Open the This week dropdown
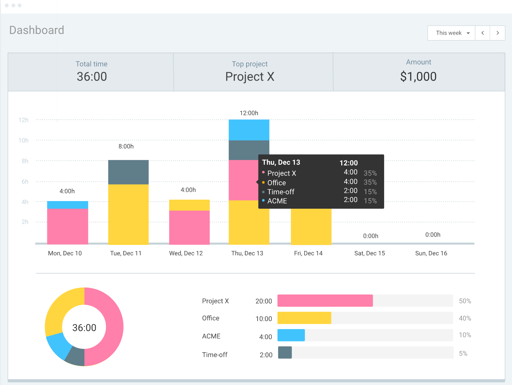point(451,33)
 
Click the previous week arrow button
point(482,33)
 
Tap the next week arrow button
point(497,33)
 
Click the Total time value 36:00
point(92,77)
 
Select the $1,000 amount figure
point(418,77)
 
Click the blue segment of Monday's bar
point(67,205)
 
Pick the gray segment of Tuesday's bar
point(128,172)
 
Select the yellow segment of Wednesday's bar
point(189,205)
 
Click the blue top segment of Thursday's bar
point(249,130)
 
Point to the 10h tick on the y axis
point(24,140)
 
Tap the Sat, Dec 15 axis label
point(370,253)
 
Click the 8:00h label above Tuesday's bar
point(126,146)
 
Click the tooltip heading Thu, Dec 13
point(281,162)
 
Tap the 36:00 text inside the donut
point(84,328)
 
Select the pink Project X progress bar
point(325,301)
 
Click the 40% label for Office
point(465,318)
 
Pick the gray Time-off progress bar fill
point(285,353)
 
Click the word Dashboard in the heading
point(37,30)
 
